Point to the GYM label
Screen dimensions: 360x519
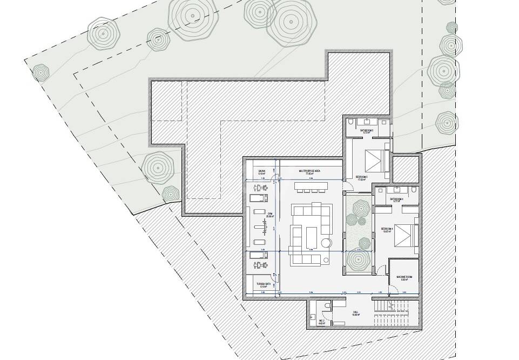coord(269,215)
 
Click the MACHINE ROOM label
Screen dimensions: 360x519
coord(405,278)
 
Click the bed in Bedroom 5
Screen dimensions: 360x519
coord(376,159)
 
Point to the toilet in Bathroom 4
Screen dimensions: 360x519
coord(413,191)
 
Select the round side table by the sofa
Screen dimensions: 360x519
coord(327,244)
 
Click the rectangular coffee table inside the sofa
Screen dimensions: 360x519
coord(312,236)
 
